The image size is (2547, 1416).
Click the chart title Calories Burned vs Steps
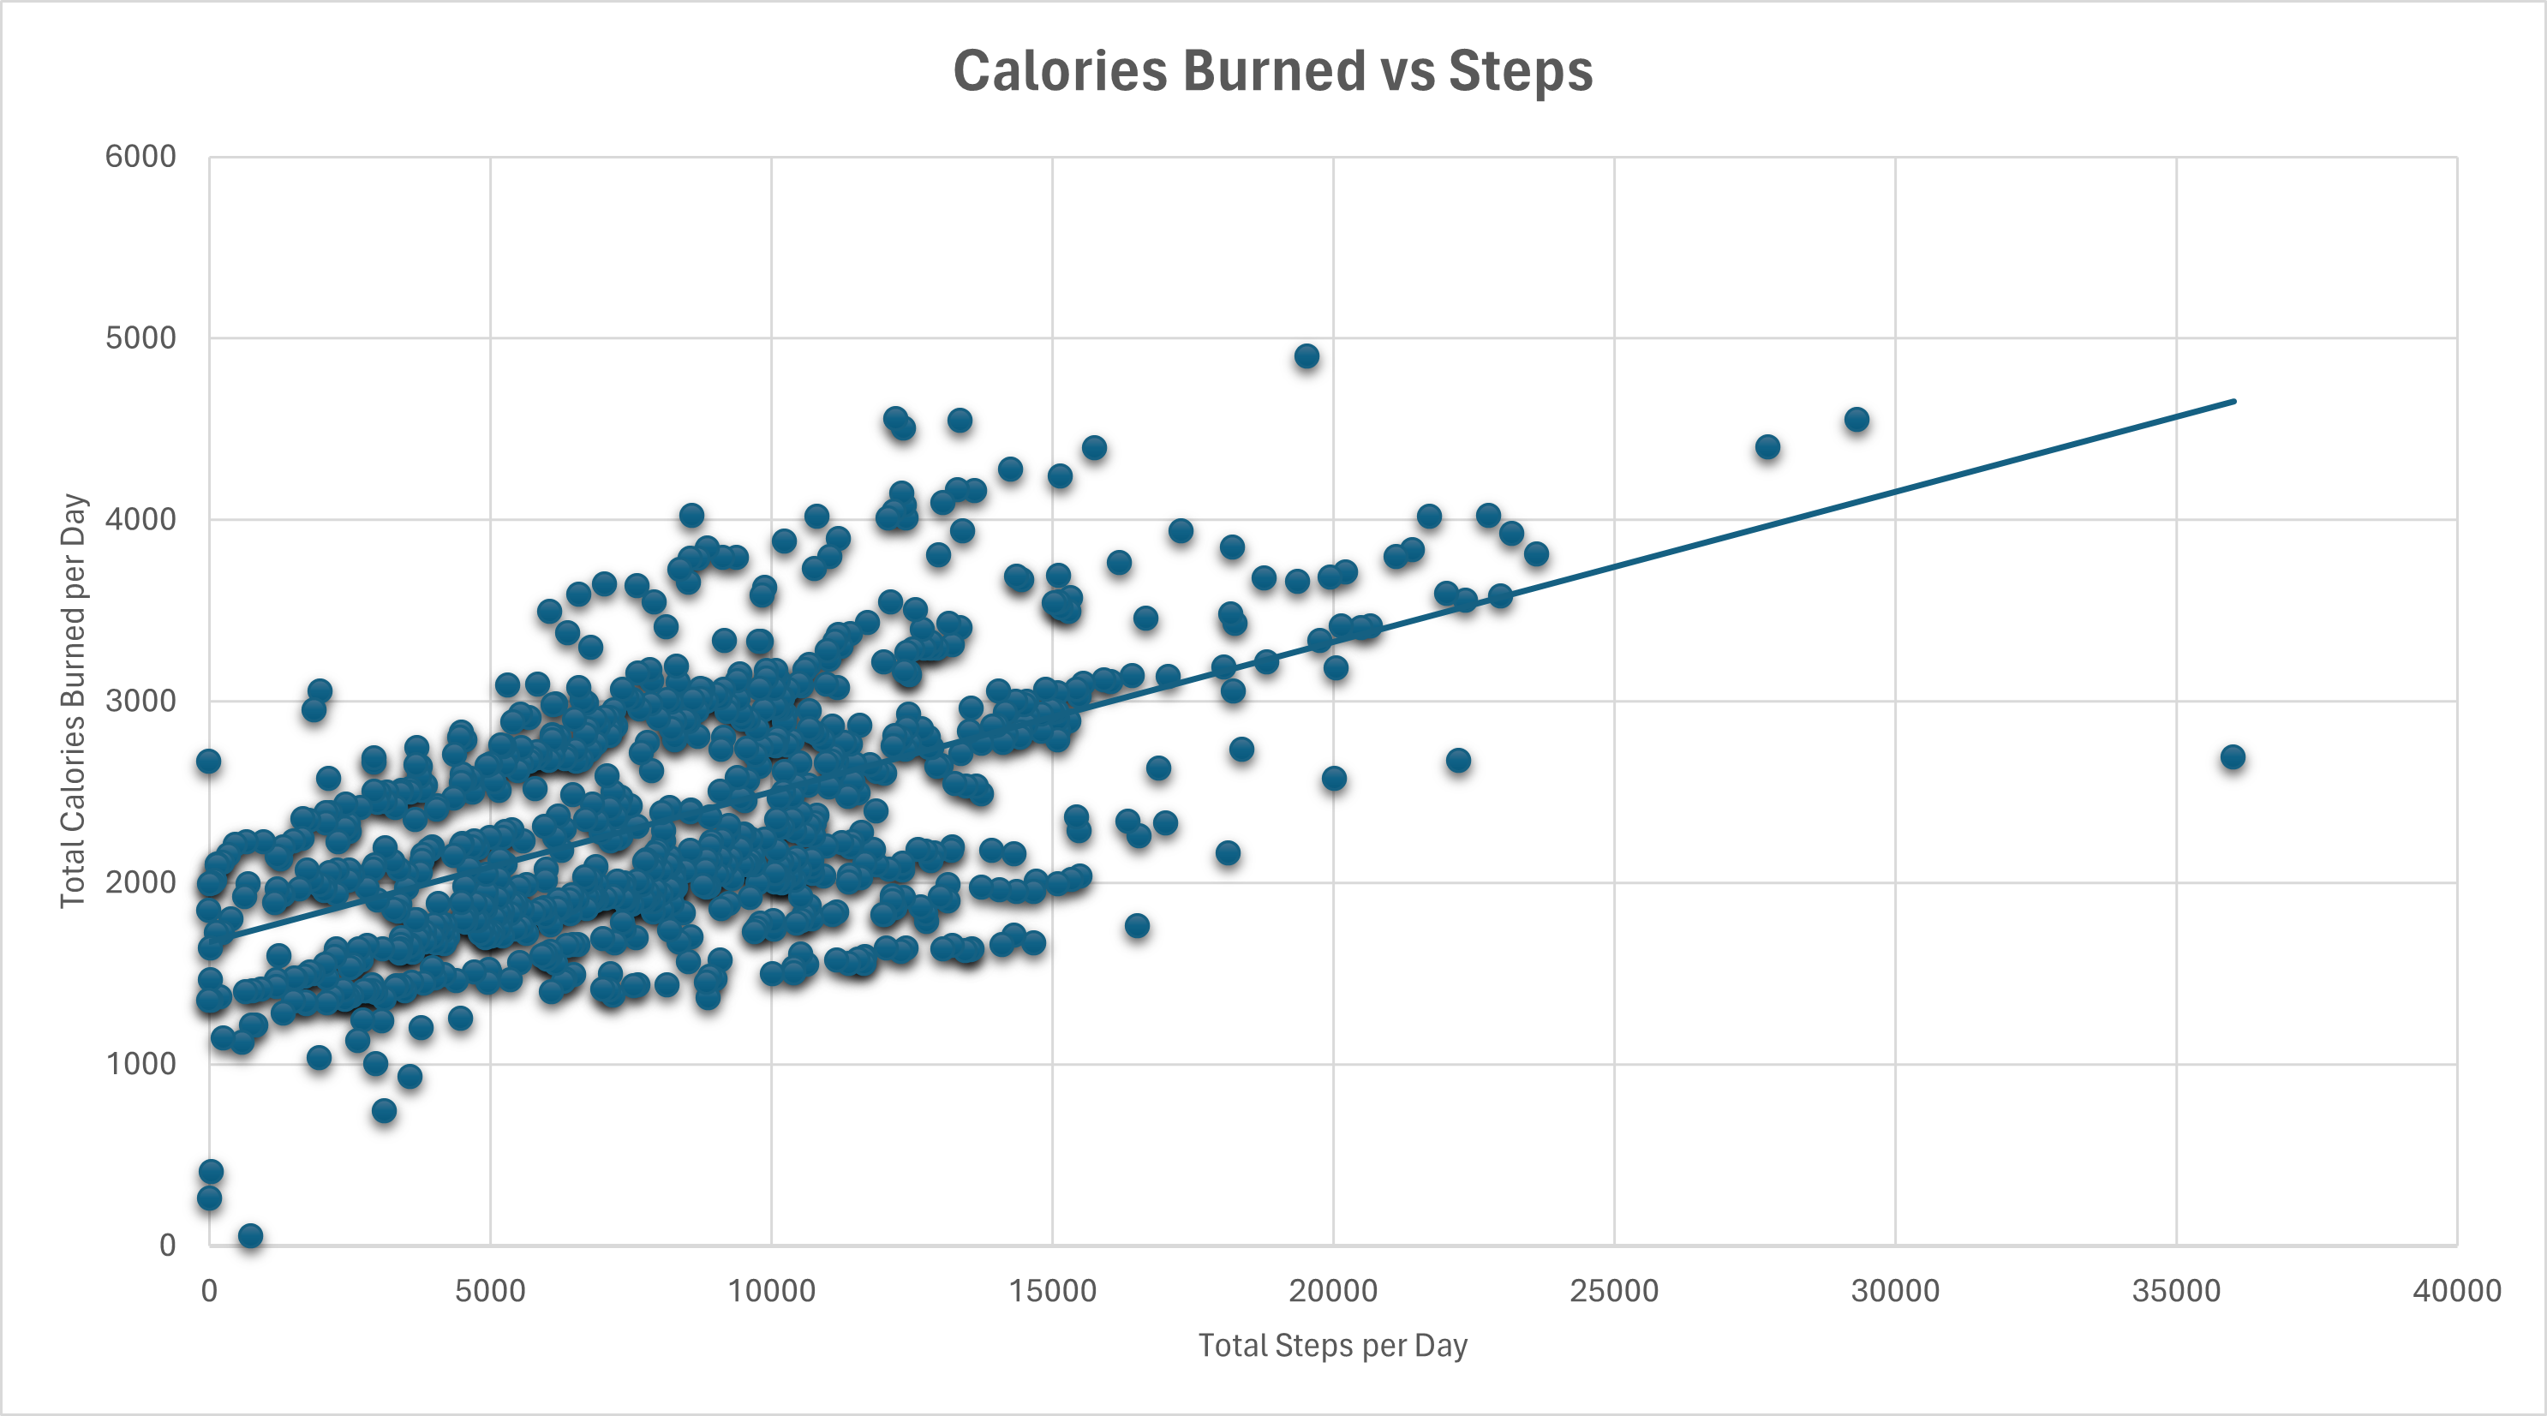1272,71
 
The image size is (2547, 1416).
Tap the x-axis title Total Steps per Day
1332,1346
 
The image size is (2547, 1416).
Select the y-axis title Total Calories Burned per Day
73,700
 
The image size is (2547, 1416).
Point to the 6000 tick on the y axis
141,156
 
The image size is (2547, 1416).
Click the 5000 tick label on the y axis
141,338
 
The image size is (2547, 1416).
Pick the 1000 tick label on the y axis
141,1064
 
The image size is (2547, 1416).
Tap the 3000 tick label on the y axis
141,701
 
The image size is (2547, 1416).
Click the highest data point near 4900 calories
1306,356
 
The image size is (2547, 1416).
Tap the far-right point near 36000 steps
2232,757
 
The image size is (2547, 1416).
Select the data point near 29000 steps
1856,419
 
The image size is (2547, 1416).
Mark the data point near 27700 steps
1767,447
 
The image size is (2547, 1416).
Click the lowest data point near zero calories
250,1236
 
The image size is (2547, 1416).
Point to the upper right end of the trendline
2233,402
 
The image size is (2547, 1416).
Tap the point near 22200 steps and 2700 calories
1457,761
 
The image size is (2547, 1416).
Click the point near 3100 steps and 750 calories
385,1110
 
